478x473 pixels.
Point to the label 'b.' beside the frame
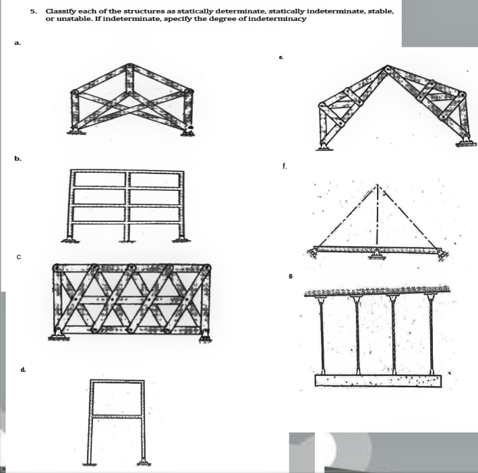(x=18, y=158)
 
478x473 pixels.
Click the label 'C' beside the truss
(x=20, y=256)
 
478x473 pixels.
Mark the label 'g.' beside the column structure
(x=290, y=276)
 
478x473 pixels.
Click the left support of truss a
(x=76, y=130)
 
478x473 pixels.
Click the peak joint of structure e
(x=387, y=68)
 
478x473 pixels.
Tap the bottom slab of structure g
(x=378, y=381)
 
